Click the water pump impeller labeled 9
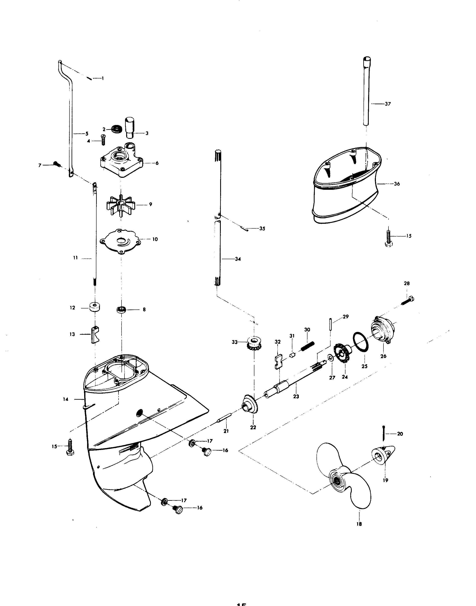coord(120,206)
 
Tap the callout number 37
coord(388,104)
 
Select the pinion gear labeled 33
coord(254,344)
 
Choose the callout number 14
coord(65,399)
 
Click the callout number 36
coord(397,184)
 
